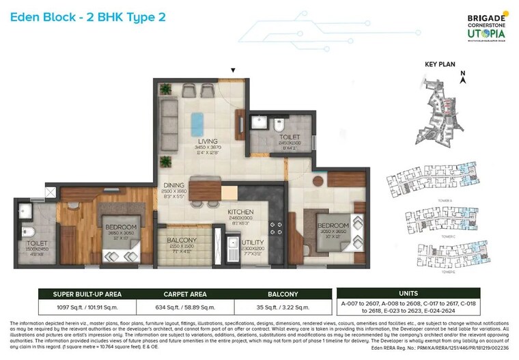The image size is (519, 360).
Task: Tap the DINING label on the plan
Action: click(x=174, y=184)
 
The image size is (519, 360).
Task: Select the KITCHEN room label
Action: click(x=240, y=212)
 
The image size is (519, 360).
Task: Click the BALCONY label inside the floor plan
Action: click(x=182, y=240)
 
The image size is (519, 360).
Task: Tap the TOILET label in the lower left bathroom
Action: click(x=36, y=243)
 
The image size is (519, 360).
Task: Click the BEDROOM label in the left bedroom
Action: click(x=120, y=227)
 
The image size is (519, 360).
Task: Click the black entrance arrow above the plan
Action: click(x=234, y=70)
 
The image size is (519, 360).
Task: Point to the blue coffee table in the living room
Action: click(x=197, y=123)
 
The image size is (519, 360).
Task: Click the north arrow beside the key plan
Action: click(x=463, y=77)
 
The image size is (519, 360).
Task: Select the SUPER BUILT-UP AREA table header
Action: click(x=87, y=294)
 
